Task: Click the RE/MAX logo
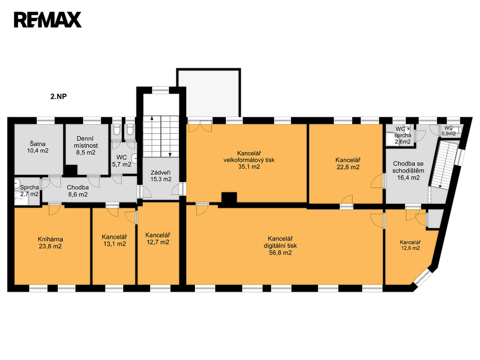48,20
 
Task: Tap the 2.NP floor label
59,97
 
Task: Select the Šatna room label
37,144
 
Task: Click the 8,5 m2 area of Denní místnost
86,152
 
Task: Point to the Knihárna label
51,239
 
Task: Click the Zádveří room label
161,172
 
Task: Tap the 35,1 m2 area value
249,166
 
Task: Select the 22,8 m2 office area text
348,167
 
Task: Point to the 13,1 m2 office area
114,244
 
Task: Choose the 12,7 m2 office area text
157,242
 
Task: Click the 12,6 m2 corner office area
411,248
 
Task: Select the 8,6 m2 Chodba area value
78,194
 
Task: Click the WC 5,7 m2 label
121,161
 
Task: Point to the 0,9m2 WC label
449,134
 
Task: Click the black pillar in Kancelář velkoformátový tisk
229,198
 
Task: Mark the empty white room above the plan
209,93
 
